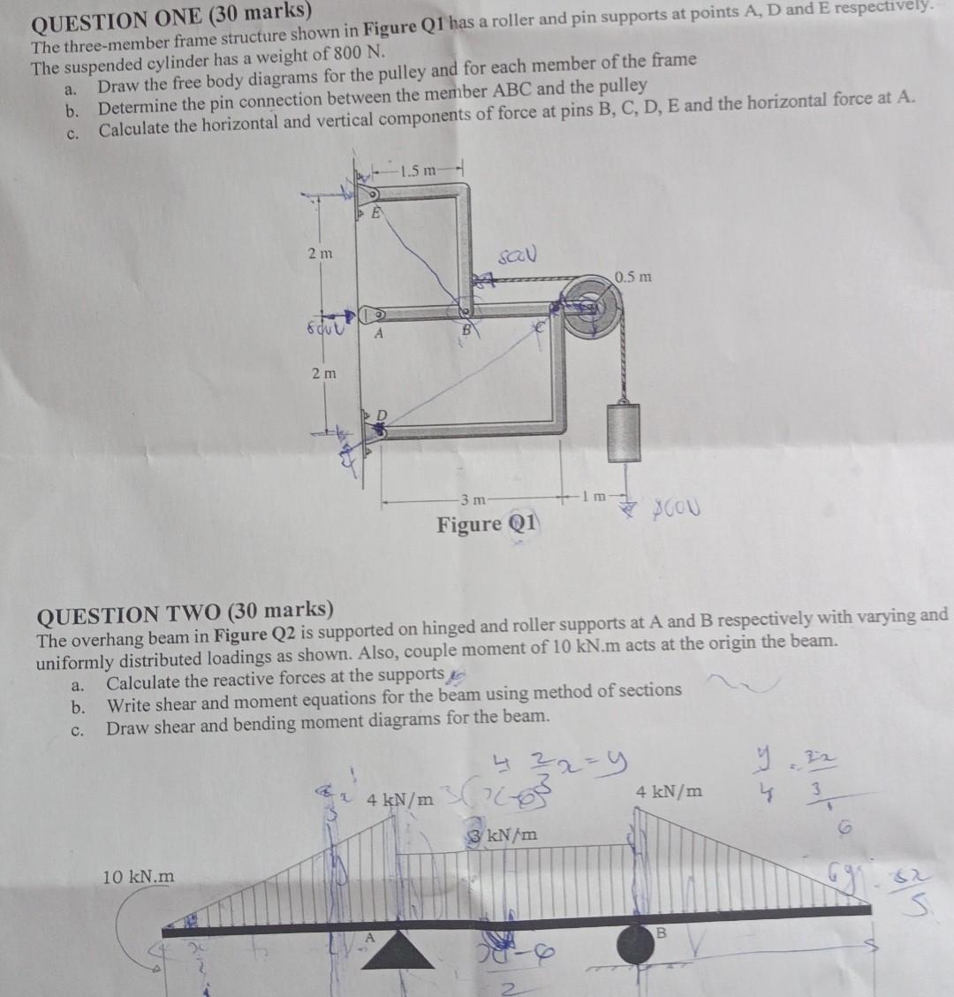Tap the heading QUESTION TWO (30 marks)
[x=185, y=610]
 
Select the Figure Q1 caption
[x=487, y=524]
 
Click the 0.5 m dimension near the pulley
[x=633, y=277]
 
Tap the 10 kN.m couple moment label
[x=140, y=877]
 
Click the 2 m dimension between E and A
[x=321, y=255]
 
